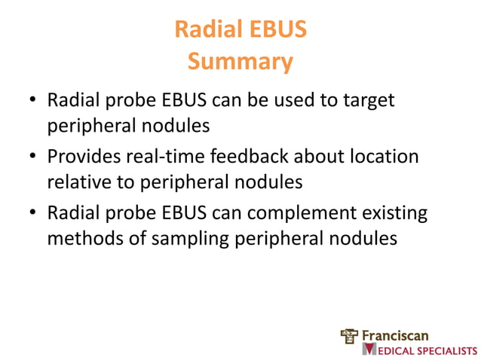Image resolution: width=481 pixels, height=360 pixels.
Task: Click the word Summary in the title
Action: pos(240,61)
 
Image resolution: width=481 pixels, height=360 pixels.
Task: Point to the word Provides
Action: pos(88,157)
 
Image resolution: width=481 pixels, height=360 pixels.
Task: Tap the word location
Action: pos(381,157)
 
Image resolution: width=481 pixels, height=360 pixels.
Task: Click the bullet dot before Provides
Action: pos(32,157)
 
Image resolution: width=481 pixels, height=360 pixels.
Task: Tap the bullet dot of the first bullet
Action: pos(32,100)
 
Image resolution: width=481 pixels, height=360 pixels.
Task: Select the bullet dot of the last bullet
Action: pos(32,215)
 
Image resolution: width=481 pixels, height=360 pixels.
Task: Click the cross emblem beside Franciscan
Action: pos(350,335)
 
